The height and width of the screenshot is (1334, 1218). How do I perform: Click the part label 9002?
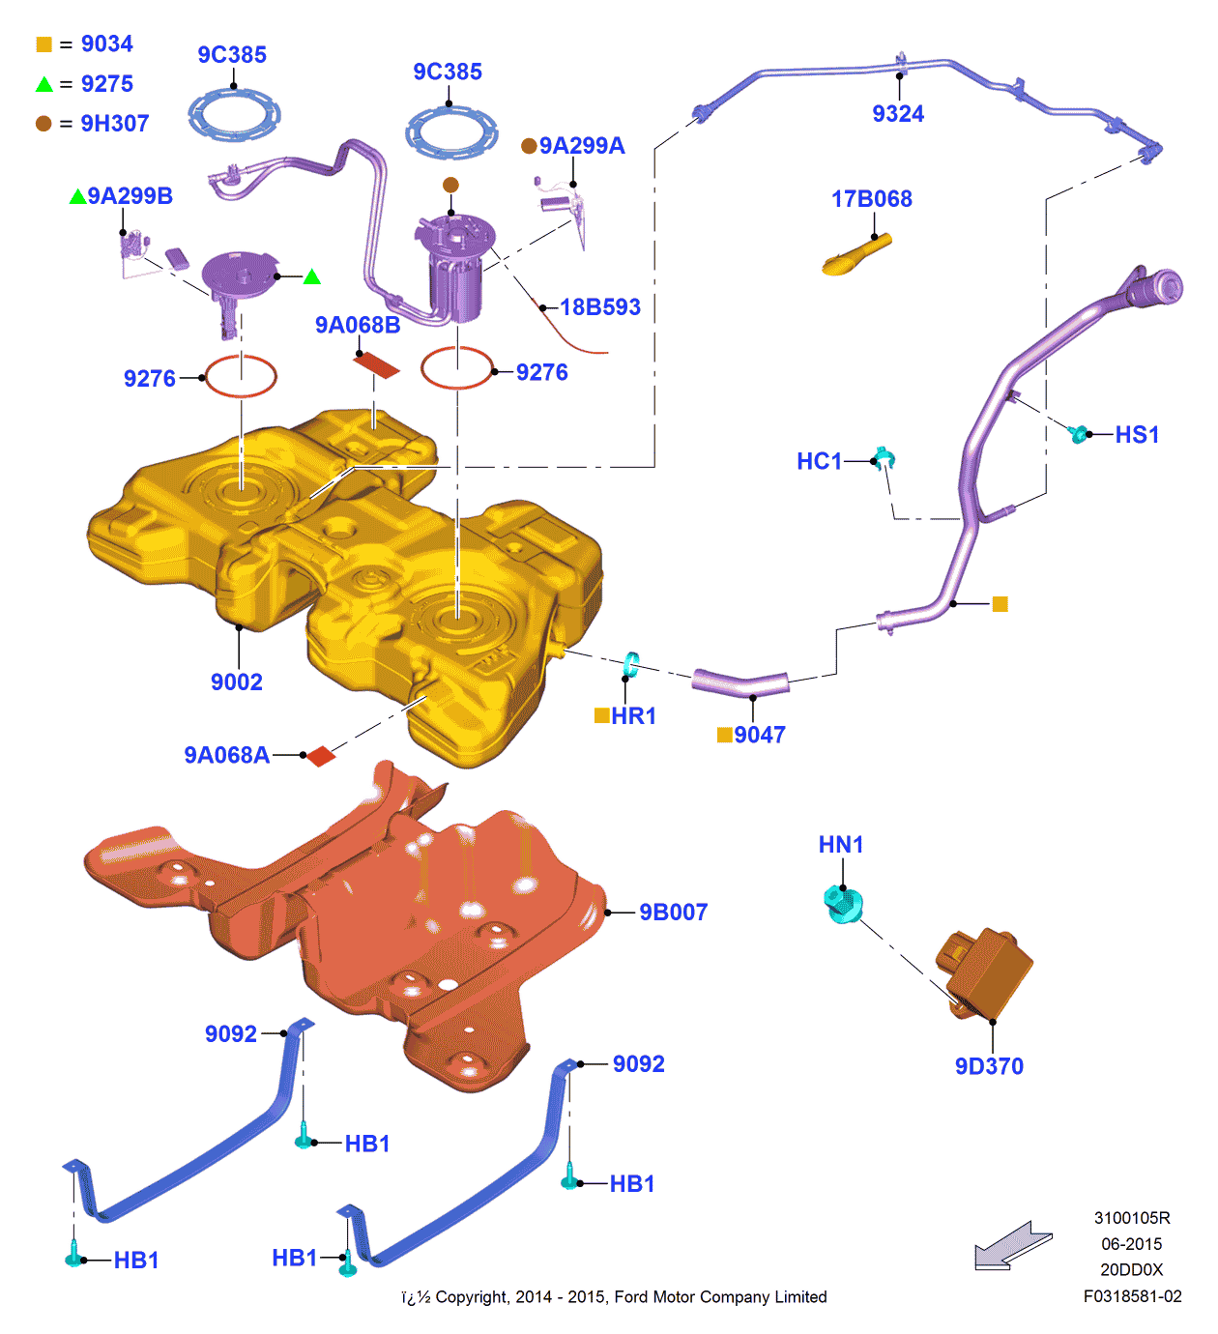pos(237,682)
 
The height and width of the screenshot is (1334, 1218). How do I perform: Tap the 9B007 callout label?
pos(674,913)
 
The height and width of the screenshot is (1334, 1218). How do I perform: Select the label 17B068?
pos(872,199)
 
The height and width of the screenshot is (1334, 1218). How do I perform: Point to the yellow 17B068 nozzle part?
pos(855,256)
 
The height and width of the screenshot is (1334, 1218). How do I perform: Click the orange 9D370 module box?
pos(986,971)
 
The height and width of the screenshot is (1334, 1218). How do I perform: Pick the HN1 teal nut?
pos(842,905)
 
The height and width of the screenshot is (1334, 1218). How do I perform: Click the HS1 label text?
pos(1137,435)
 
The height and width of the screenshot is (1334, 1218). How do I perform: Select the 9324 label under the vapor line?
pos(898,114)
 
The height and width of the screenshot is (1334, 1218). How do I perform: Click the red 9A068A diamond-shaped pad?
pos(320,755)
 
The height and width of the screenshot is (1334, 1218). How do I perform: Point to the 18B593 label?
pos(600,307)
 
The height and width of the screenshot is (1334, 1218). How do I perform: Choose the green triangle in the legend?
pos(44,85)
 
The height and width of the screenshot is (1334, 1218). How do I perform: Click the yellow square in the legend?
pos(44,44)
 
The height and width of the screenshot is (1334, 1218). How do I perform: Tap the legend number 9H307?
pos(114,124)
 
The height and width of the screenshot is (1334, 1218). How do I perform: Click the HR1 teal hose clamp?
pos(631,664)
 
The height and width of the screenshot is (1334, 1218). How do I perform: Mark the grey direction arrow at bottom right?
pos(1011,1245)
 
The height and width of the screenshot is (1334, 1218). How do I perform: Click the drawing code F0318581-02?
pos(1132,1296)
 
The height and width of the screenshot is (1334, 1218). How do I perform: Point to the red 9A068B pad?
pos(376,364)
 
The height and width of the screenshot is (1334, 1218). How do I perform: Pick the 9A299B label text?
pos(130,196)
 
